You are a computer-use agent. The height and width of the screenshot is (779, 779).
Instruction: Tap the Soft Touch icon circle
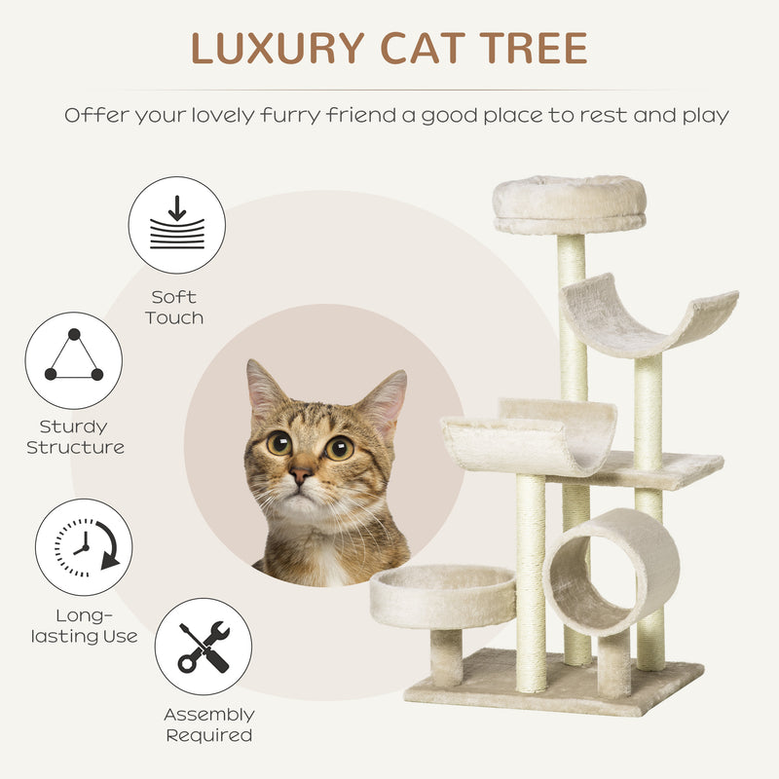(177, 225)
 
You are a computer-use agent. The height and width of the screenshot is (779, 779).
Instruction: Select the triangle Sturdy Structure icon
(74, 360)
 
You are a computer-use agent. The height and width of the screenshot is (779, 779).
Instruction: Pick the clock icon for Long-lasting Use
(84, 546)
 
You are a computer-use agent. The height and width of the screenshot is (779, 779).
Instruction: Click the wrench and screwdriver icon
(204, 647)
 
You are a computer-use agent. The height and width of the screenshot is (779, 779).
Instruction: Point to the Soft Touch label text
(175, 308)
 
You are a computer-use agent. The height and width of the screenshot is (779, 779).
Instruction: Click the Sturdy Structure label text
(75, 437)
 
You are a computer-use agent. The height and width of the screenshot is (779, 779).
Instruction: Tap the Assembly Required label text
(208, 724)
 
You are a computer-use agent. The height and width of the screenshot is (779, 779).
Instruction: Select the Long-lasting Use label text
(83, 626)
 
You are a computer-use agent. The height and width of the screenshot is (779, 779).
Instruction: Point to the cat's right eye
(339, 448)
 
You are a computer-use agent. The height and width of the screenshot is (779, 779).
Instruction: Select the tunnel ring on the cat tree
(612, 571)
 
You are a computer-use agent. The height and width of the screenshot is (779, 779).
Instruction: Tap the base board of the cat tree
(553, 686)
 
